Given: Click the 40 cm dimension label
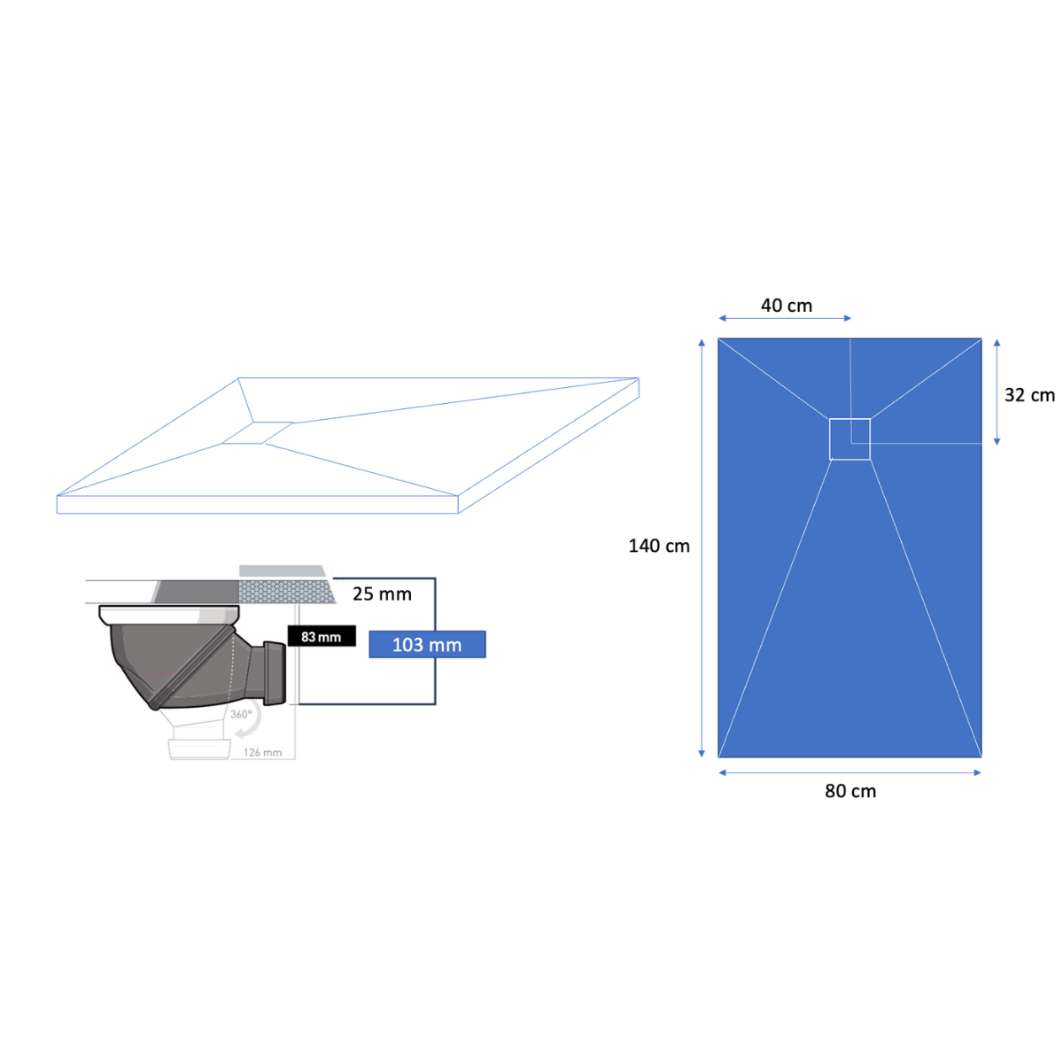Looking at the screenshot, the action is pos(786,306).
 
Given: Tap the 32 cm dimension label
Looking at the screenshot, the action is pos(1028,395).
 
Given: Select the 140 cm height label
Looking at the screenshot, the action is pos(659,546).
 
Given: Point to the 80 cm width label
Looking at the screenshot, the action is pos(850,791).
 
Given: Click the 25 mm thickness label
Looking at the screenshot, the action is pos(382,594).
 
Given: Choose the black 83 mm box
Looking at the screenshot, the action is pos(322,636).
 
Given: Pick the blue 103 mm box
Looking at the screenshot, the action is pos(427,644).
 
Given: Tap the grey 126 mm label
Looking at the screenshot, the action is pos(262,752).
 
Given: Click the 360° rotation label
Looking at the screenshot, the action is pos(241,715).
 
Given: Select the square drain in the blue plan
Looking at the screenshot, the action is pos(850,439).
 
